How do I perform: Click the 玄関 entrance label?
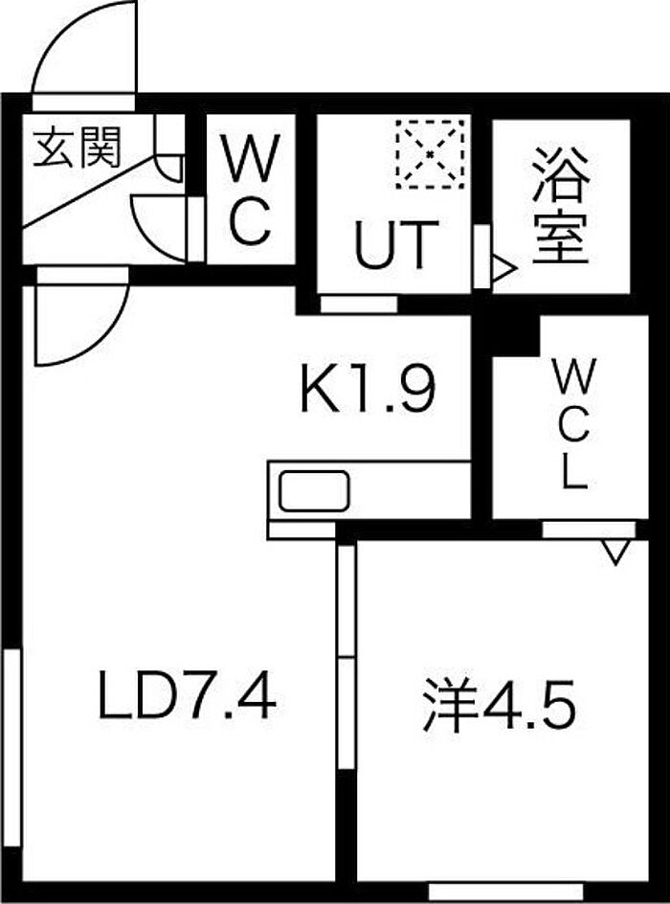pyautogui.click(x=77, y=147)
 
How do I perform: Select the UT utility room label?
pyautogui.click(x=395, y=244)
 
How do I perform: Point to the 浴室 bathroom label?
pyautogui.click(x=560, y=206)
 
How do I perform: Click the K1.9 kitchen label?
pyautogui.click(x=368, y=389)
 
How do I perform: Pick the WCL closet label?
pyautogui.click(x=572, y=424)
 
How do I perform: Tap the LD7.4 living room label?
pyautogui.click(x=187, y=695)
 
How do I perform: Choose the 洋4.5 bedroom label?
pyautogui.click(x=499, y=705)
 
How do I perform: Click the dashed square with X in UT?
pyautogui.click(x=431, y=153)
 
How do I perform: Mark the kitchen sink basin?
pyautogui.click(x=315, y=491)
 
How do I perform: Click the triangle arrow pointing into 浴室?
pyautogui.click(x=502, y=269)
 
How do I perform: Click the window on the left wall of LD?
pyautogui.click(x=11, y=748)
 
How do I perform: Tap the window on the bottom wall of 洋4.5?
pyautogui.click(x=506, y=890)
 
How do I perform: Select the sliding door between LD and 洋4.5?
pyautogui.click(x=346, y=656)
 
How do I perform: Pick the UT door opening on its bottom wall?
pyautogui.click(x=359, y=305)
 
